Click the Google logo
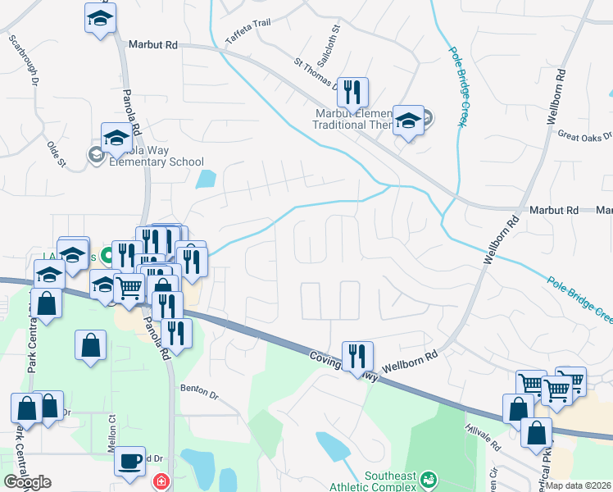(x=27, y=482)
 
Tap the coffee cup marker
(x=129, y=461)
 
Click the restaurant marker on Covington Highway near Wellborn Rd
(x=357, y=356)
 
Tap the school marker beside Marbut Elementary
(x=407, y=120)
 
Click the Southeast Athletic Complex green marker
(x=426, y=478)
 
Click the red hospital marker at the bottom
(x=161, y=481)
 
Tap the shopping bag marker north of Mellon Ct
(x=90, y=345)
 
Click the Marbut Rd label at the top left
(x=153, y=43)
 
